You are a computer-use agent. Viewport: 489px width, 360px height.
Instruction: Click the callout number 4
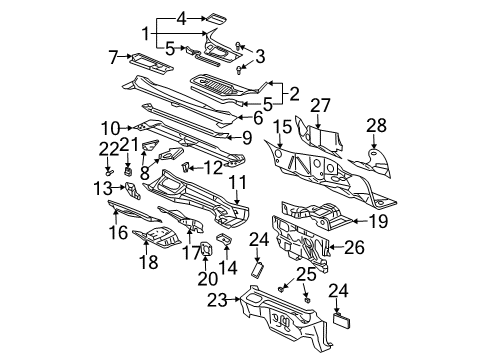click(182, 17)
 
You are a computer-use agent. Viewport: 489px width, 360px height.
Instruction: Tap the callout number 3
click(260, 55)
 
